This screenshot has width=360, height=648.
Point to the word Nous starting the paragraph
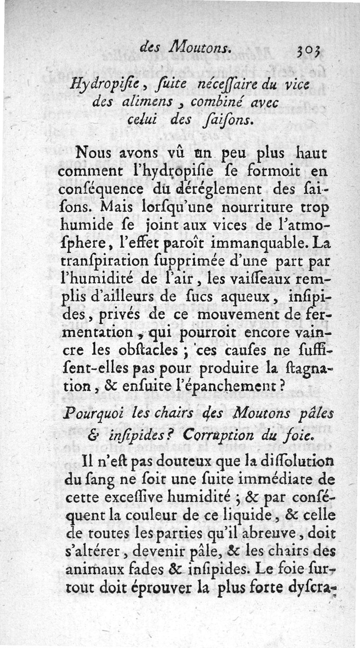[x=94, y=153]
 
